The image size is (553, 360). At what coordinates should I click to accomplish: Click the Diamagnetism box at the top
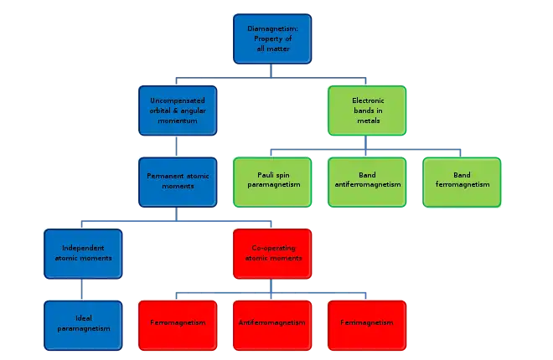tap(271, 39)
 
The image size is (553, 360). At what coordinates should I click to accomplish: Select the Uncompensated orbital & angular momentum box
tap(176, 111)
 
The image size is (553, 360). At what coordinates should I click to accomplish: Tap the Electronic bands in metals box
tap(366, 111)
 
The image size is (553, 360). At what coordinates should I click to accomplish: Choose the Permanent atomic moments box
tap(176, 182)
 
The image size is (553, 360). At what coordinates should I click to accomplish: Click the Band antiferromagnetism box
tap(366, 181)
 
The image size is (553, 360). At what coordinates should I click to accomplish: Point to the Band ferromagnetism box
tap(461, 181)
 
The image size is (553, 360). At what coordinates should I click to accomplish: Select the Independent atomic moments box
tap(81, 253)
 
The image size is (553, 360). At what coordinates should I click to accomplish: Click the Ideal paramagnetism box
tap(81, 324)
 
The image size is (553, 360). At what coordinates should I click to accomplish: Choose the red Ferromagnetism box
tap(176, 324)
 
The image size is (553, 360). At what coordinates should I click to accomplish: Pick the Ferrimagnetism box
tap(366, 324)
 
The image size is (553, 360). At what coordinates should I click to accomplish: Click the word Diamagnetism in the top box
tap(271, 29)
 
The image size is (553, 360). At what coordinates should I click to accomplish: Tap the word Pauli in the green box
tap(262, 176)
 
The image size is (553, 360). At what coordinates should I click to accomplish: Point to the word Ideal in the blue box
tap(81, 319)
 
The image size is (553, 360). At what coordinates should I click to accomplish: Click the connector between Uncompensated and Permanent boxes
tap(176, 147)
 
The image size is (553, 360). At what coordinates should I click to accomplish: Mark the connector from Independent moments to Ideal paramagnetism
tap(81, 288)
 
